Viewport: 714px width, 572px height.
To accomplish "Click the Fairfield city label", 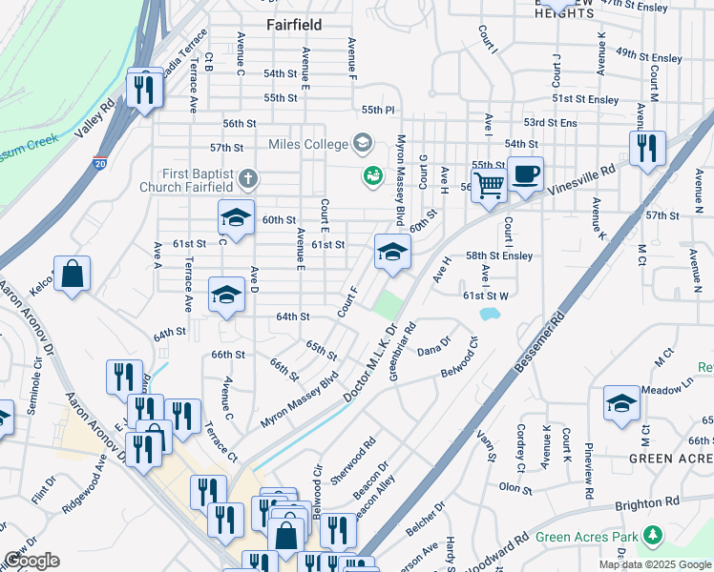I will [293, 25].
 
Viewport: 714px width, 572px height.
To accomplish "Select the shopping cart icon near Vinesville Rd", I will [489, 185].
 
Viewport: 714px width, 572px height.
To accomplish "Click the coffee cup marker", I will [525, 174].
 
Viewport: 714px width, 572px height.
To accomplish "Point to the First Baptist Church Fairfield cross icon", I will [248, 178].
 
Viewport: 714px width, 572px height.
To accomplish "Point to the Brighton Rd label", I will [647, 501].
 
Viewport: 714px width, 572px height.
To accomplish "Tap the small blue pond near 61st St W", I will [490, 314].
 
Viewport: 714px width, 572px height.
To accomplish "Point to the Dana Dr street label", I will [433, 351].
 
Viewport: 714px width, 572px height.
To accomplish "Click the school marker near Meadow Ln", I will [621, 402].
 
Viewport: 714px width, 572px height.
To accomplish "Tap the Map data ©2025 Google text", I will [654, 564].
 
